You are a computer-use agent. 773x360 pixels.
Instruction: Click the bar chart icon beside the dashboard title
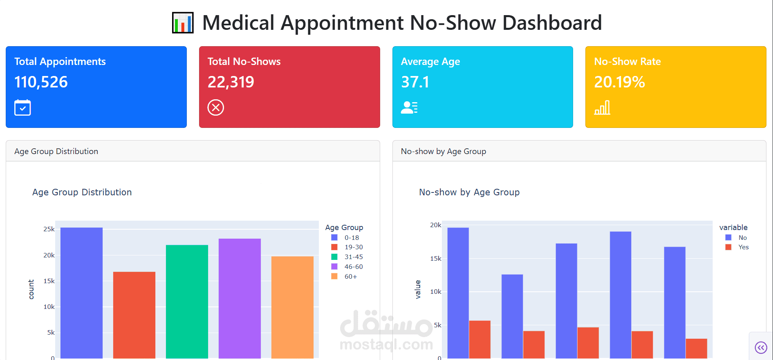coord(182,23)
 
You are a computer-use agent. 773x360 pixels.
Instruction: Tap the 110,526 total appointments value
coord(41,82)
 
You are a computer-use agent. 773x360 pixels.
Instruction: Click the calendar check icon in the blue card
coord(22,107)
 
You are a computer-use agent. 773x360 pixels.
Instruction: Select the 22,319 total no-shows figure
coord(231,82)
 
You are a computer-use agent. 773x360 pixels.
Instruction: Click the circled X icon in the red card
coord(216,107)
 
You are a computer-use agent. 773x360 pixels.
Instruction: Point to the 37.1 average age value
coord(415,82)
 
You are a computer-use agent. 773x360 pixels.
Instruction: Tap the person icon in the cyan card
coord(409,107)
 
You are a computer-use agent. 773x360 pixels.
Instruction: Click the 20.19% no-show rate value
coord(619,82)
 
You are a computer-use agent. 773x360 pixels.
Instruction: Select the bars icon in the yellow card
coord(602,107)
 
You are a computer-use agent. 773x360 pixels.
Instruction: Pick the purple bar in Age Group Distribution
coord(240,298)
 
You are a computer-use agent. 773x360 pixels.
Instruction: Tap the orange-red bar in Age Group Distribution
coord(134,315)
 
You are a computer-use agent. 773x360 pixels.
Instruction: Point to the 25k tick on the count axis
coord(49,229)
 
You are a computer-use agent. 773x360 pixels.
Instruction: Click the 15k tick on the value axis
coord(435,259)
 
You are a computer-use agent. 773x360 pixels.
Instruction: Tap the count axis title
coord(31,289)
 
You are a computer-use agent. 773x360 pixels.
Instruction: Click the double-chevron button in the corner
coord(761,348)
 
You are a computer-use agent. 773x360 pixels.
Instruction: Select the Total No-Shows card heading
coord(244,62)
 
